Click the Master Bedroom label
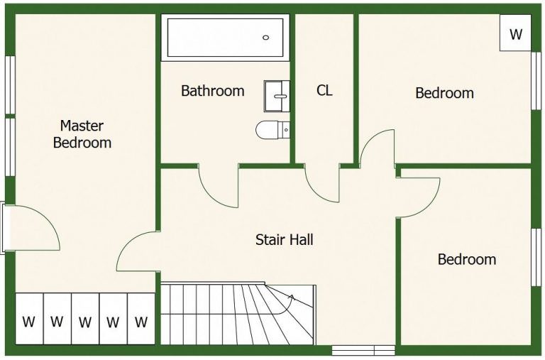pos(82,134)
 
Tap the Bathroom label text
pos(213,91)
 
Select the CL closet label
pos(324,90)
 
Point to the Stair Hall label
pos(285,240)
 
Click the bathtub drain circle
pos(266,38)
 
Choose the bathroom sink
pos(277,97)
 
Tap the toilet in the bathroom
pos(272,130)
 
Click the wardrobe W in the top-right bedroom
pos(515,33)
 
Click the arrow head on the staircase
pos(292,298)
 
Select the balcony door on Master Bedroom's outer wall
pos(3,228)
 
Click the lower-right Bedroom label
pos(467,259)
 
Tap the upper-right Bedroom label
pos(444,93)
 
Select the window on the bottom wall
pos(363,350)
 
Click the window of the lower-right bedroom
pos(536,257)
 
